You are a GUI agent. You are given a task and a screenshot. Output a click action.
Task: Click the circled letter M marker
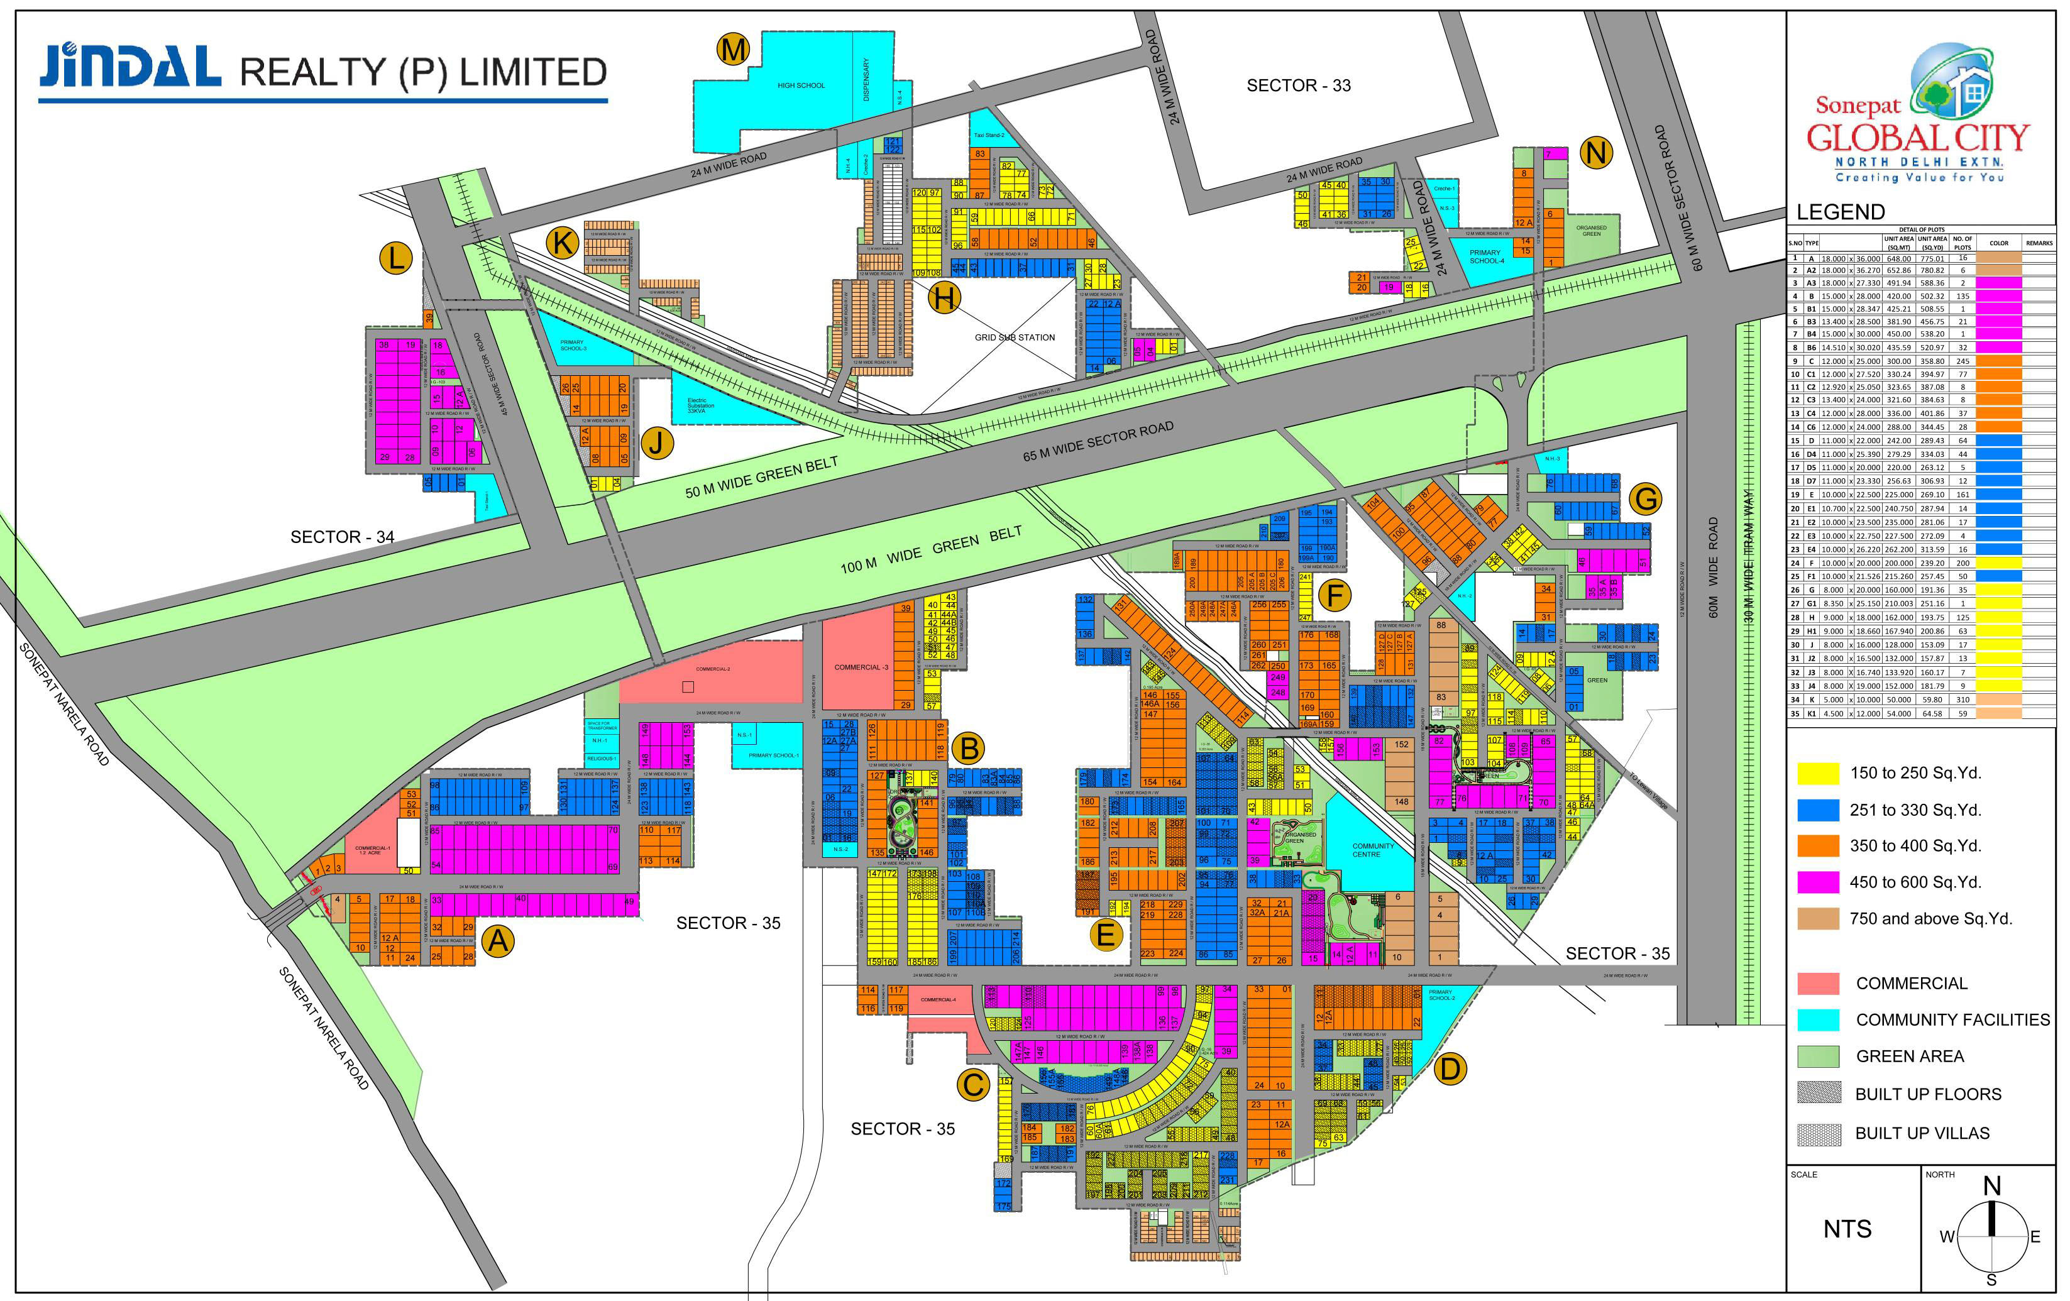[733, 50]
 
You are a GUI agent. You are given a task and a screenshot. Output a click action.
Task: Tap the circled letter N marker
[1595, 153]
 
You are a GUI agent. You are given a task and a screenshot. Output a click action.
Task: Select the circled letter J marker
[658, 443]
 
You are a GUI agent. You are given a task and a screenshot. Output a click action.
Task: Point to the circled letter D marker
[1450, 1069]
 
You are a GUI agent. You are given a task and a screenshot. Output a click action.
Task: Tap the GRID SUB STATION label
[1015, 337]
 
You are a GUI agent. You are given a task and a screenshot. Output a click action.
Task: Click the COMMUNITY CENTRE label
[1373, 850]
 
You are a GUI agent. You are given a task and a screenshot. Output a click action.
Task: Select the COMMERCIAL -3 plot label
[861, 667]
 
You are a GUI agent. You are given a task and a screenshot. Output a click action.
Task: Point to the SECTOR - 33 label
[1298, 85]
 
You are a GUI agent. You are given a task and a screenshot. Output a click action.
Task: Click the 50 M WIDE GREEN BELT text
[761, 478]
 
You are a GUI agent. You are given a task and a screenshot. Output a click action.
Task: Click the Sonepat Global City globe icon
[1951, 82]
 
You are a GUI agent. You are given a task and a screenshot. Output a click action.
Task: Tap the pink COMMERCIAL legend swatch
[1818, 983]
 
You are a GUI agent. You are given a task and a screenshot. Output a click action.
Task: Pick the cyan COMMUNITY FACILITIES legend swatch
[1818, 1020]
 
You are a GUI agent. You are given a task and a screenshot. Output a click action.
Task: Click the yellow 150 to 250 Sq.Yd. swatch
[1818, 772]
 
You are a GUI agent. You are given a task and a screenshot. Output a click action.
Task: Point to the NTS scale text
[1847, 1229]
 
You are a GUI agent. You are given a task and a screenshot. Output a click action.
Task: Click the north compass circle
[1992, 1236]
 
